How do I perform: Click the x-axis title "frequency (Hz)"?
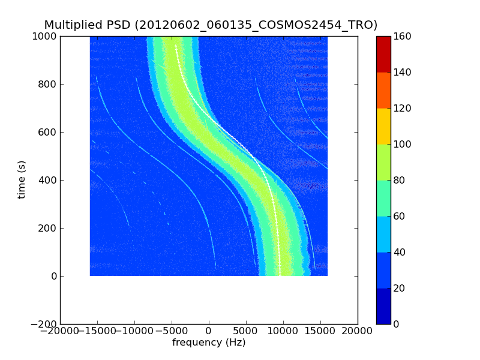tap(209, 343)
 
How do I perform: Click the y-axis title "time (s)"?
tap(22, 179)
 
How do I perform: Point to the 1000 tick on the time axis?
tap(46, 36)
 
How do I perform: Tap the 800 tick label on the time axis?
tap(48, 84)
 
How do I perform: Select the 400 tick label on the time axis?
tap(48, 180)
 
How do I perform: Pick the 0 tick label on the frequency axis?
tap(209, 331)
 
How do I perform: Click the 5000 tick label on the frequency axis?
tap(246, 331)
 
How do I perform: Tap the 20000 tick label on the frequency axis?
tap(358, 331)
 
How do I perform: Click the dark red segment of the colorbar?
tap(383, 54)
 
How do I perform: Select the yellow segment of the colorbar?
tap(383, 126)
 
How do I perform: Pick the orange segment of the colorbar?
tap(383, 90)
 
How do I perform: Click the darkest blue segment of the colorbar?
tap(383, 306)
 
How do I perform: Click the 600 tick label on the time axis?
tap(48, 132)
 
